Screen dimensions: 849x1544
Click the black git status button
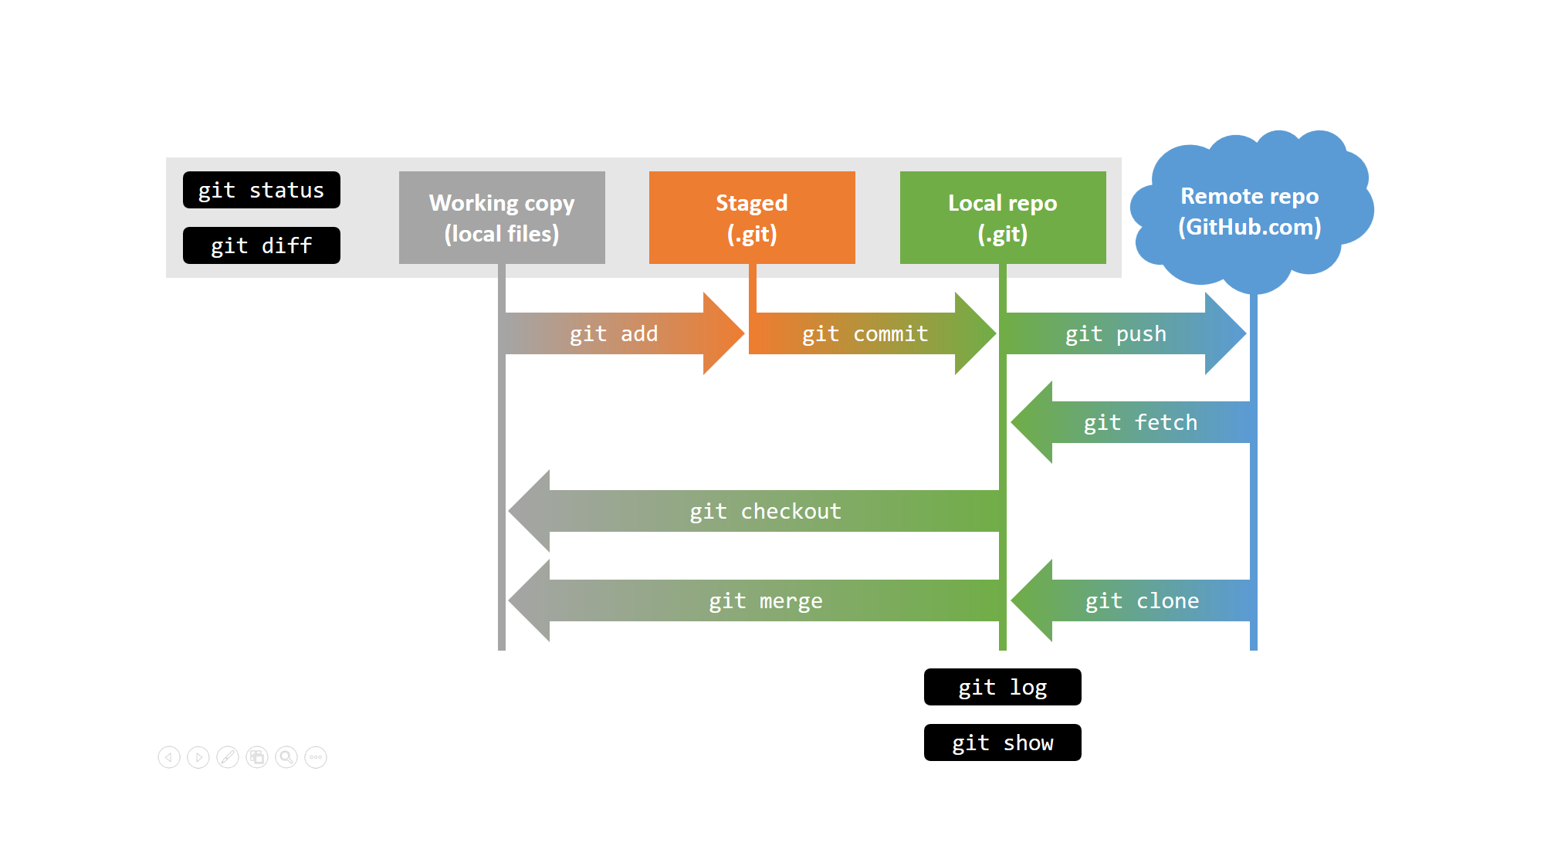tap(261, 190)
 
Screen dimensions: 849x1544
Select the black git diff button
tap(261, 245)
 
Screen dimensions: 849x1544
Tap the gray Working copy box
tap(502, 218)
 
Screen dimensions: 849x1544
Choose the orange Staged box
tap(752, 218)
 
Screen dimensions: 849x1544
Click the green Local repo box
tap(1003, 218)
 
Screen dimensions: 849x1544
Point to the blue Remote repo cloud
tap(1251, 210)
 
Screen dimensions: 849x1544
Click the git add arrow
tap(615, 333)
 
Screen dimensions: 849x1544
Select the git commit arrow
tap(865, 333)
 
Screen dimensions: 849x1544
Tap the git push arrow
tap(1116, 333)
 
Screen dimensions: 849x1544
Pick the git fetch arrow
tap(1140, 422)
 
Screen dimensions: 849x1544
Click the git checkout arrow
tap(764, 511)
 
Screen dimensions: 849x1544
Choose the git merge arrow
tap(764, 600)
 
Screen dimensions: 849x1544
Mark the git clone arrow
tap(1142, 600)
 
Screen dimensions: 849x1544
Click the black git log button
tap(1002, 687)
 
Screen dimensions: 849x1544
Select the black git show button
tap(1002, 742)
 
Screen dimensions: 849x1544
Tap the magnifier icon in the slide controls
tap(286, 757)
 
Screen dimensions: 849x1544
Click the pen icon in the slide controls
tap(228, 757)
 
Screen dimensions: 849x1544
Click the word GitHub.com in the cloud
tap(1250, 227)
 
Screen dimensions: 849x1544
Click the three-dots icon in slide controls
tap(316, 757)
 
